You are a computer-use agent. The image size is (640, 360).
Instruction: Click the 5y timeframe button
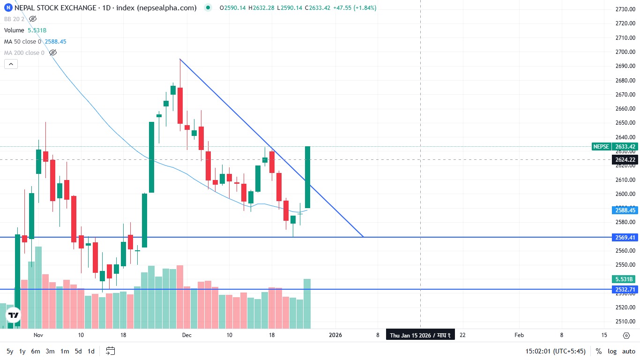click(10, 351)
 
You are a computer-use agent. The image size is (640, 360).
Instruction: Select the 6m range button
click(36, 351)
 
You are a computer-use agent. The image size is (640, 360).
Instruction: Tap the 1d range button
click(91, 351)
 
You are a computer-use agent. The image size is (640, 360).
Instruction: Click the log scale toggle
click(612, 351)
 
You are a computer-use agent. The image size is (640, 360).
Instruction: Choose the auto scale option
click(628, 351)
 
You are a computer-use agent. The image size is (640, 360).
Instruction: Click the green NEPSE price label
click(614, 147)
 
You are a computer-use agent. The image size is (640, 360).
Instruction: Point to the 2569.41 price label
click(625, 238)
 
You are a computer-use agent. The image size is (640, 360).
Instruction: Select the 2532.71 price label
click(625, 290)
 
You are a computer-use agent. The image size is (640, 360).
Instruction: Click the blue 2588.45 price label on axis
click(625, 210)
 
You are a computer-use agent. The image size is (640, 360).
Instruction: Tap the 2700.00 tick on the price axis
click(625, 52)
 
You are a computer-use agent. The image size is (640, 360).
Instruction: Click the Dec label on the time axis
click(187, 335)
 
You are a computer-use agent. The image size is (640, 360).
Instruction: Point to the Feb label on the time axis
click(519, 335)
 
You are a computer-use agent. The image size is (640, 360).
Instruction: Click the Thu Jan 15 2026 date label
click(420, 335)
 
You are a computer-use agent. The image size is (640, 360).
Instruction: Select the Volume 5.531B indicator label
click(25, 30)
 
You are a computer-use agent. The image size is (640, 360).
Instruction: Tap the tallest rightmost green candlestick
click(308, 177)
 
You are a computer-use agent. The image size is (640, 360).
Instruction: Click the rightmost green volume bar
click(307, 304)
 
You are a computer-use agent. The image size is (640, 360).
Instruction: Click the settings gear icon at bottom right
click(626, 335)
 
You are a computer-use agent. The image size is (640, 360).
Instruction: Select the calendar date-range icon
click(111, 351)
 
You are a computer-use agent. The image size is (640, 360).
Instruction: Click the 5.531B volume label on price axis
click(625, 279)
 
